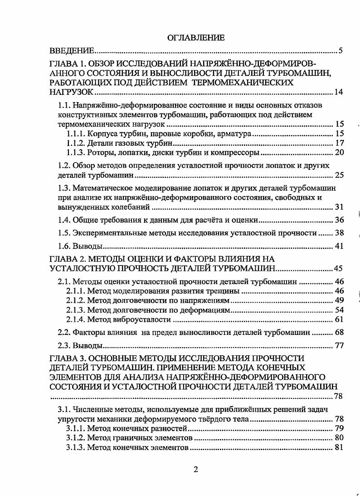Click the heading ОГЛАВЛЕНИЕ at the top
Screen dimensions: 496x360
click(196, 38)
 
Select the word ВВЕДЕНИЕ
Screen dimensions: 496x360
click(72, 50)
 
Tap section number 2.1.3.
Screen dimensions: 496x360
click(75, 310)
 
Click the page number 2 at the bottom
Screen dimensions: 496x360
click(195, 469)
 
